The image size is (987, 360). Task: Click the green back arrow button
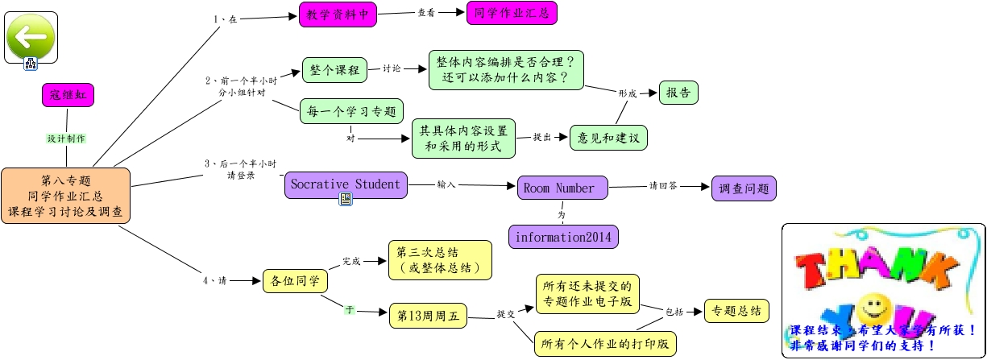(31, 35)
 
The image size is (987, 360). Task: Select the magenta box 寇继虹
(68, 94)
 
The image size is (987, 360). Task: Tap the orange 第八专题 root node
(65, 197)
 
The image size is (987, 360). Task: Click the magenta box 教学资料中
(338, 14)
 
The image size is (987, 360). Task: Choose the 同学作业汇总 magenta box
(511, 13)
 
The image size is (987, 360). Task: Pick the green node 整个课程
(334, 70)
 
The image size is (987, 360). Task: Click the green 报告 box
(678, 93)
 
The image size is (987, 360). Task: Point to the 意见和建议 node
(608, 138)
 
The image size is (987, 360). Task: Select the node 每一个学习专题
(351, 110)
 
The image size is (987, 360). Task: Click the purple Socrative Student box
(346, 185)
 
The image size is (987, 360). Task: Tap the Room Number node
(559, 188)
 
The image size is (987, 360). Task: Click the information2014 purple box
(563, 238)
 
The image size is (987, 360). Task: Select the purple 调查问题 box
(744, 188)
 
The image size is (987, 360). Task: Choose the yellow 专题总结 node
(736, 311)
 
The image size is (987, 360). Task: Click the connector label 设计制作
(66, 139)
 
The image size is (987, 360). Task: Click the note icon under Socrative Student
(345, 200)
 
